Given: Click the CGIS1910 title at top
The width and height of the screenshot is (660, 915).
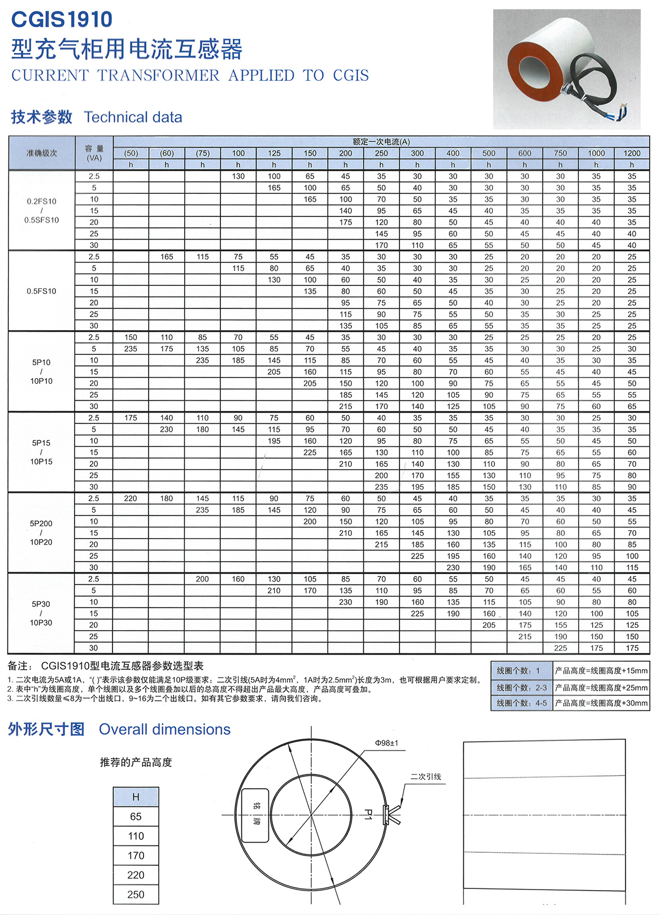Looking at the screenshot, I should pos(62,20).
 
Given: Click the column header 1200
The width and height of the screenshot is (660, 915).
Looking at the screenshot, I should pos(632,153).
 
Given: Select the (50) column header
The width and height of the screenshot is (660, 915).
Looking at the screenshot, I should pos(131,153).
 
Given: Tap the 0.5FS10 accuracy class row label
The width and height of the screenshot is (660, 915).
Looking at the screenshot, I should pos(41,291).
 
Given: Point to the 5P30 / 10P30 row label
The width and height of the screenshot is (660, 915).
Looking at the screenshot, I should pos(41,613).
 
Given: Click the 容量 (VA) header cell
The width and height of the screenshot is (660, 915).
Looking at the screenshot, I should pos(94,153).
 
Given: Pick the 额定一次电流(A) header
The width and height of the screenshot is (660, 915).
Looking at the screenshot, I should pos(381,141).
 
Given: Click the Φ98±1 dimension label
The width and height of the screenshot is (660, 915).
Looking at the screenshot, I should pos(387,743).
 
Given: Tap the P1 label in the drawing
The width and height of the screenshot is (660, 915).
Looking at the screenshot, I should pos(368,814).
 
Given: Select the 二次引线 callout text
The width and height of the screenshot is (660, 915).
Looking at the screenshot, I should pos(425,777).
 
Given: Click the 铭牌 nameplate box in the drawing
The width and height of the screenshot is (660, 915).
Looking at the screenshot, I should pos(255,815).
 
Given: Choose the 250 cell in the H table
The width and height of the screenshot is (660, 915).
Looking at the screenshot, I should pos(136,895).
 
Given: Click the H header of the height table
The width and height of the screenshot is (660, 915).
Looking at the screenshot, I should pos(136,797).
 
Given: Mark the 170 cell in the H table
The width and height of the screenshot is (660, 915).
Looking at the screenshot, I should pos(136,856).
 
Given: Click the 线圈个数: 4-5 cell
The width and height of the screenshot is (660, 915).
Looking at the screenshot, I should pos(521,703).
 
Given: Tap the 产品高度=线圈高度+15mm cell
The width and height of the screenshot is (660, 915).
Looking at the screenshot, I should pos(601,671).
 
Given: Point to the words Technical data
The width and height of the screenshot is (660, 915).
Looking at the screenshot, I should pos(133,118).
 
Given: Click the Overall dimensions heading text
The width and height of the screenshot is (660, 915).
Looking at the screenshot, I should pos(164,730).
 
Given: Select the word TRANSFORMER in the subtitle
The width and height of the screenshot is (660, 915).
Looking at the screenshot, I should pos(158,76).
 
